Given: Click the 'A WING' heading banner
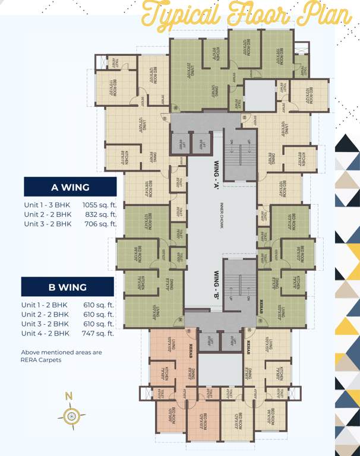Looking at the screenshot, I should click(70, 187).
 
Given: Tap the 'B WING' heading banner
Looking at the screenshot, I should click(67, 287).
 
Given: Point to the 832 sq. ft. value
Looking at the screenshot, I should click(100, 214).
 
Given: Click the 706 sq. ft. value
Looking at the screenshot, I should click(100, 224).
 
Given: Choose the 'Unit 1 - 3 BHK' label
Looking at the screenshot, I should click(47, 204).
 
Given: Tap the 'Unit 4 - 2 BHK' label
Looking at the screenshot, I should click(45, 333).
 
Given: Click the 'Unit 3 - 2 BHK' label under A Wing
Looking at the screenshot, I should click(47, 224).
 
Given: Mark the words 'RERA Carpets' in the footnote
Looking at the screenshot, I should click(41, 360).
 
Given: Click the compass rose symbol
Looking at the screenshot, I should click(71, 416).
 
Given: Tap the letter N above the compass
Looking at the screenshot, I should click(70, 396).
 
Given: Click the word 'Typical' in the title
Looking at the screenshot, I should click(176, 15).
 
